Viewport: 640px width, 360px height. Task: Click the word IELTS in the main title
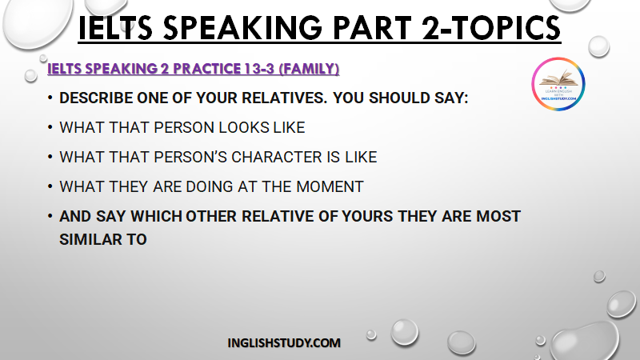click(115, 28)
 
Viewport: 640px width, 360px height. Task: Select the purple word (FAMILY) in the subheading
click(309, 69)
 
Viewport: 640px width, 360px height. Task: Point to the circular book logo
click(558, 84)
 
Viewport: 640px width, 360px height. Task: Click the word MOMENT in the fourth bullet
click(330, 187)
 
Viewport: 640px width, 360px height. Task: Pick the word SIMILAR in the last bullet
click(90, 239)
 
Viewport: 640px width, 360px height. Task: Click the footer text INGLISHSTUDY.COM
click(284, 343)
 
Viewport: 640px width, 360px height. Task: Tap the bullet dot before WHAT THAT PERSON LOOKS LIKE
click(50, 127)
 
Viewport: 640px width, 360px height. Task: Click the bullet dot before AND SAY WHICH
click(50, 216)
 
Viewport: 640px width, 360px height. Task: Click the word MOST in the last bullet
click(498, 216)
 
